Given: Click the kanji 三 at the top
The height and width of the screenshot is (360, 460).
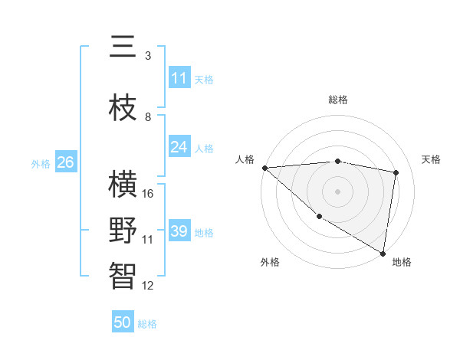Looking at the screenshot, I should click(x=123, y=47).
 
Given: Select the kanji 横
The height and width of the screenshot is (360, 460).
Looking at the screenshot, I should click(x=123, y=185).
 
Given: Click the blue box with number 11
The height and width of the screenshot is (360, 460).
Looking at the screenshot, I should click(x=179, y=78).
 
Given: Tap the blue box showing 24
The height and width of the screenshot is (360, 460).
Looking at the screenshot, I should click(x=179, y=147).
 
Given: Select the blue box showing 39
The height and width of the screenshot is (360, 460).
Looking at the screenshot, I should click(x=179, y=231).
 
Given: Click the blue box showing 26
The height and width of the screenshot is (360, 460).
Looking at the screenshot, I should click(x=65, y=162).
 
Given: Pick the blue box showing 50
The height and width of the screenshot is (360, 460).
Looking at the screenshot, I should click(x=123, y=322).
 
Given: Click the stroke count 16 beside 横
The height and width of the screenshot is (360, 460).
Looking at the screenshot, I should click(x=149, y=194).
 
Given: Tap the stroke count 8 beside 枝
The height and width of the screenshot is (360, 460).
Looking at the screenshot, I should click(x=148, y=117).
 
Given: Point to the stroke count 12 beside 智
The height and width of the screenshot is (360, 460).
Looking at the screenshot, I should click(x=148, y=286).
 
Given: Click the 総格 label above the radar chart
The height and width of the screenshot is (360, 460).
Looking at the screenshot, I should click(x=338, y=100).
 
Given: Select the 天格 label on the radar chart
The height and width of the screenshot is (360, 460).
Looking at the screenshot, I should click(x=432, y=159).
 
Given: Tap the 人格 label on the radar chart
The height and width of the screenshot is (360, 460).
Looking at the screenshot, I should click(x=245, y=159).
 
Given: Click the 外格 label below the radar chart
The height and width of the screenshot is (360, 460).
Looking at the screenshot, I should click(x=270, y=262).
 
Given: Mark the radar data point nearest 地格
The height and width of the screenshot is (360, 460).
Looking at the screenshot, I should click(x=383, y=253).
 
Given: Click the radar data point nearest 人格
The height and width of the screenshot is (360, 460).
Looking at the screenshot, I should click(x=264, y=168).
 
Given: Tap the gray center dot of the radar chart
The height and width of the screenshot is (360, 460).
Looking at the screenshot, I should click(x=338, y=191).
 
